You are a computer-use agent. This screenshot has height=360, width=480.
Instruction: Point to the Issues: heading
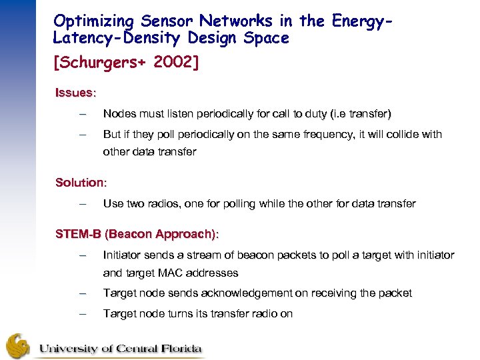pos(76,93)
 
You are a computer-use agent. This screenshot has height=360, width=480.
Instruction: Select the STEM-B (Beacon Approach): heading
pos(137,234)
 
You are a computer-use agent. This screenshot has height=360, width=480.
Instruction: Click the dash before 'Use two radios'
pos(82,203)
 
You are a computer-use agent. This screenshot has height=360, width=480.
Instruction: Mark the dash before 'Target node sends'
pos(82,293)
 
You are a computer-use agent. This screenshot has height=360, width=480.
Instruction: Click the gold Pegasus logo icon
pos(19,345)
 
